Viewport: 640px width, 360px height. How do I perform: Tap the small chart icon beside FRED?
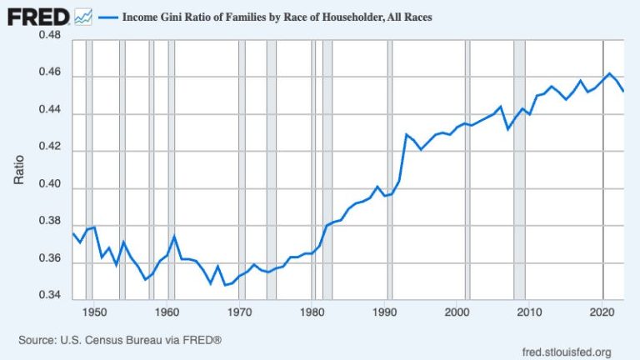pos(82,15)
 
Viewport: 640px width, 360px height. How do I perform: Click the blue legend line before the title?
pos(109,16)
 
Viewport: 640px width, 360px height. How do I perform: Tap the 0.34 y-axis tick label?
pos(49,296)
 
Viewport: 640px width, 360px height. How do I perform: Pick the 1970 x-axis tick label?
pos(239,312)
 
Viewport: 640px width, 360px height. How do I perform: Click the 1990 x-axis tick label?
pos(385,312)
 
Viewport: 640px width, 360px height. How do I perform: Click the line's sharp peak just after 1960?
pos(173,237)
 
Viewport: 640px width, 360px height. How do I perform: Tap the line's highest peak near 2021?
pos(609,73)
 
